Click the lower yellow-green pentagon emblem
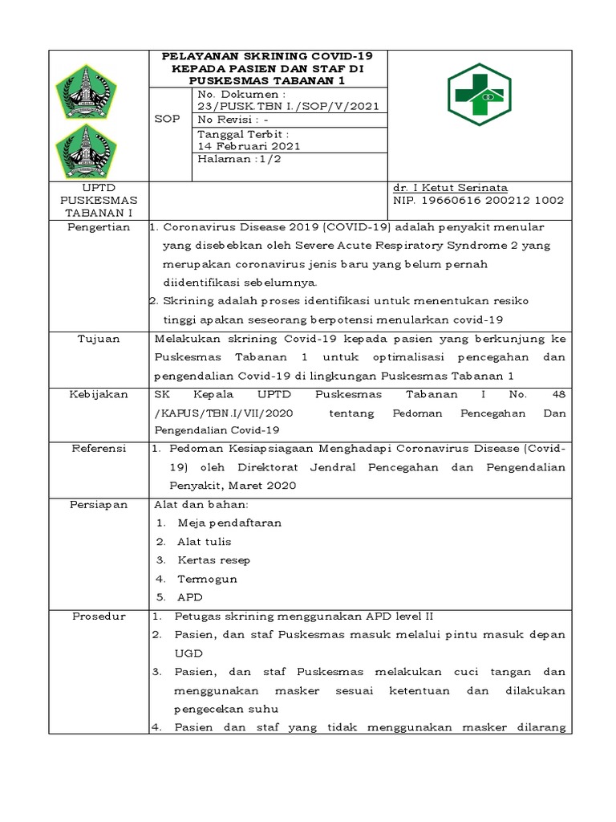86,150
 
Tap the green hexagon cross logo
478,95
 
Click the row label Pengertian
99,227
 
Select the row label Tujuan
99,339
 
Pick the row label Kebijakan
99,394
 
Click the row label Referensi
99,449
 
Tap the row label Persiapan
99,504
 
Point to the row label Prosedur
99,616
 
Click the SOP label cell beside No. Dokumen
167,118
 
